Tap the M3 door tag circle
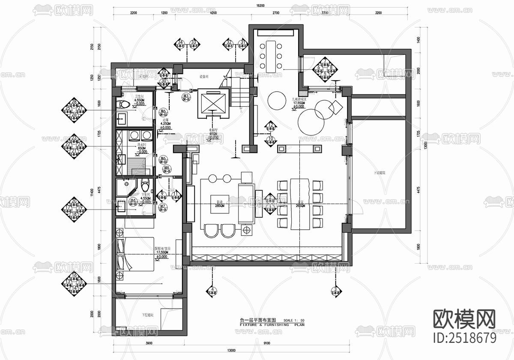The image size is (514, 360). tap(186, 97)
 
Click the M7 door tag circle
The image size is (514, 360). tap(163, 208)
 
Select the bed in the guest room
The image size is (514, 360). tap(135, 254)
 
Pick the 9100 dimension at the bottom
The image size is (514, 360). tap(266, 343)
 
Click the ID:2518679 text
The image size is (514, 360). tap(465, 338)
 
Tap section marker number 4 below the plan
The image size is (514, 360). tap(212, 291)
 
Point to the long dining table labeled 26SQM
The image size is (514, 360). tap(300, 203)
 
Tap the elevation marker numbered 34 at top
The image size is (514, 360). tap(180, 44)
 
